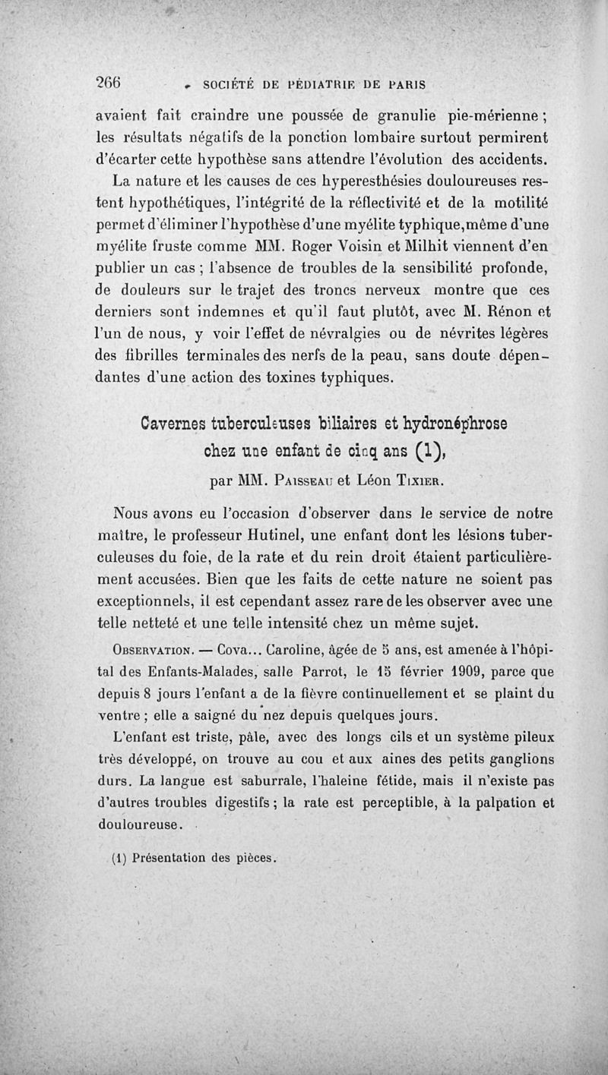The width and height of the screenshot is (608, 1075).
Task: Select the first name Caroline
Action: coord(293,651)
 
